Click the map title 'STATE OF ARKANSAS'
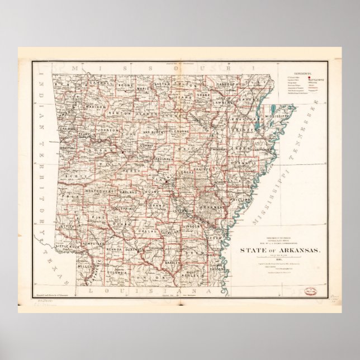coord(280,251)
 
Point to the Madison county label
coord(97,106)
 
